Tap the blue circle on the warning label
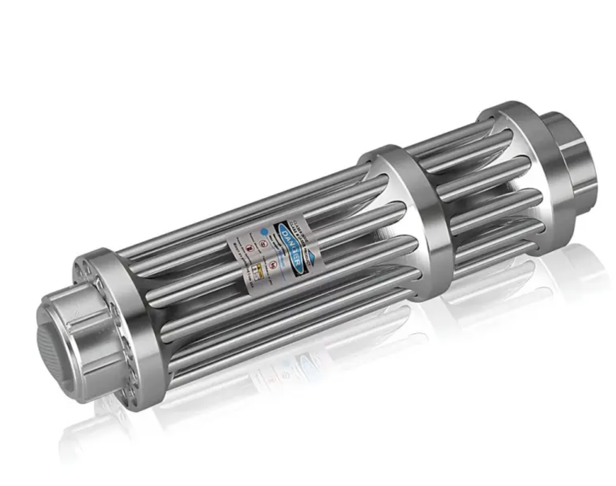click(264, 230)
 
